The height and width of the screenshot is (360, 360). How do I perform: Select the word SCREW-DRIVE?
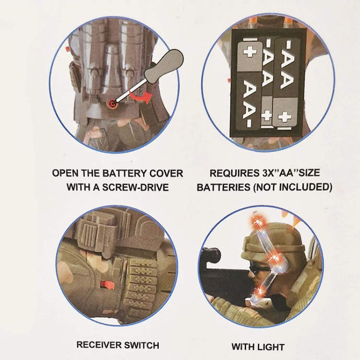(x=135, y=187)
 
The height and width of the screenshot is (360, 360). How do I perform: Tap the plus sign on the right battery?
(x=285, y=117)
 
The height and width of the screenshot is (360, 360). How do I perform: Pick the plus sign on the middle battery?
(x=267, y=115)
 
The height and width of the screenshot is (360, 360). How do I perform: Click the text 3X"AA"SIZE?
(x=290, y=173)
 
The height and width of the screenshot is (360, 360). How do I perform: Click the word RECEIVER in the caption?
(x=99, y=345)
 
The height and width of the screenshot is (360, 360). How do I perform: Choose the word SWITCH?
(x=142, y=345)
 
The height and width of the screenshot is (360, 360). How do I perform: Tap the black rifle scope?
(x=211, y=255)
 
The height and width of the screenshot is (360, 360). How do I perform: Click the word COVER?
(x=167, y=173)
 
